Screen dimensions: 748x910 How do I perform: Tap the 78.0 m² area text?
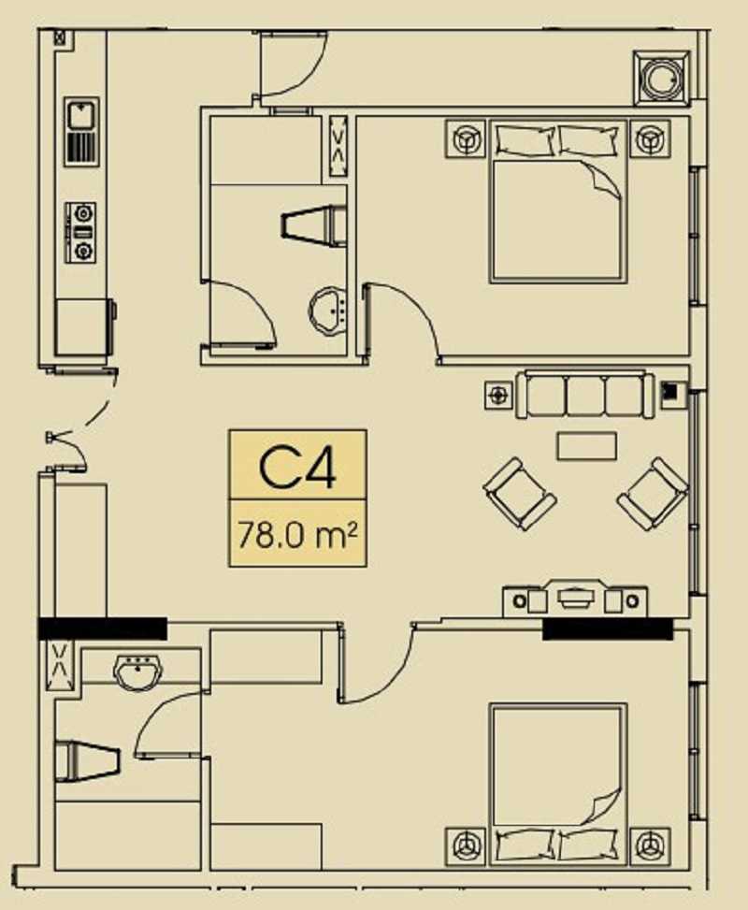[296, 535]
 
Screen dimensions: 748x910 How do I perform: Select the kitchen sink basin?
[80, 114]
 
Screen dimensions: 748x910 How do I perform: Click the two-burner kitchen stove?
[80, 233]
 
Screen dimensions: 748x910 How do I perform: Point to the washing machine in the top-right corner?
[662, 79]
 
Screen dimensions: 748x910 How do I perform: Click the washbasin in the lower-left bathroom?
[139, 672]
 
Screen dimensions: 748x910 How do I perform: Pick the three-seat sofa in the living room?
[585, 394]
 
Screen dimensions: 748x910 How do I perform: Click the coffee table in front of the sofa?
[586, 446]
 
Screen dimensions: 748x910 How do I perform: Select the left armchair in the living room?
[519, 494]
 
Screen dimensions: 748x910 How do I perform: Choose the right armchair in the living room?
[654, 494]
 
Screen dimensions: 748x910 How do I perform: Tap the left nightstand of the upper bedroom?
[466, 138]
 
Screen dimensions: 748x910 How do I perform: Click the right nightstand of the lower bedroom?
[650, 846]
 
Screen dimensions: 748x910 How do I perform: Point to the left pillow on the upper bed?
[524, 139]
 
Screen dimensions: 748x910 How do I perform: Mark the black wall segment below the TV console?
[608, 629]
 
